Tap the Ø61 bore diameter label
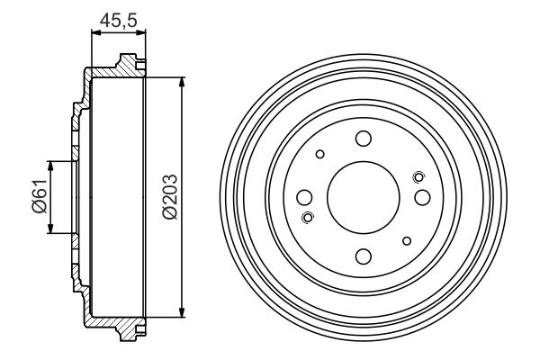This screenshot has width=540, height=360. pyautogui.click(x=37, y=197)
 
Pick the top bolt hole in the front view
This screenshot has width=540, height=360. pyautogui.click(x=363, y=139)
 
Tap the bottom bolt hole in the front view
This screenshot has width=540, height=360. pyautogui.click(x=363, y=256)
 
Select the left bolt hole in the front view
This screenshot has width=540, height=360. pyautogui.click(x=304, y=197)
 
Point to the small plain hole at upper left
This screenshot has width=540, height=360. pyautogui.click(x=319, y=155)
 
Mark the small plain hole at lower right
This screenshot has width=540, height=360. pyautogui.click(x=407, y=240)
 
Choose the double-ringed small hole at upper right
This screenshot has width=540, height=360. pyautogui.click(x=417, y=177)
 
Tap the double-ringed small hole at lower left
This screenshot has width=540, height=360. pyautogui.click(x=309, y=217)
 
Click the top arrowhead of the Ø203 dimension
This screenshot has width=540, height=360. pyautogui.click(x=183, y=82)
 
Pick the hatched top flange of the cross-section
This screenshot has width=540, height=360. pyautogui.click(x=112, y=70)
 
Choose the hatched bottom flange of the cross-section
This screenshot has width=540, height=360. pyautogui.click(x=112, y=325)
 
